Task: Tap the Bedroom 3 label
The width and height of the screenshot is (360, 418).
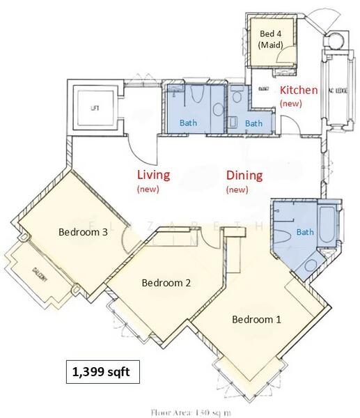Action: (x=82, y=233)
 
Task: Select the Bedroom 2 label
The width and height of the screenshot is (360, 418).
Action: (x=166, y=283)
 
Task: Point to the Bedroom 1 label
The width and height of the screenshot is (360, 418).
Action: (x=256, y=320)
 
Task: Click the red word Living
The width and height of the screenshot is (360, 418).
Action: (x=153, y=175)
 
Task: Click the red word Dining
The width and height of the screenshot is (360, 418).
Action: (x=244, y=176)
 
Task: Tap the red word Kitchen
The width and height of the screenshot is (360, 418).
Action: (x=299, y=91)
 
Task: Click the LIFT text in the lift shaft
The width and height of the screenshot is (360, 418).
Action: (x=95, y=109)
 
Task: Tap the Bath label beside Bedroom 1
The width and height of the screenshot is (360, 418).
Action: (x=305, y=232)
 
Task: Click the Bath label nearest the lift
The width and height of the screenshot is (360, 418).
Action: (x=188, y=123)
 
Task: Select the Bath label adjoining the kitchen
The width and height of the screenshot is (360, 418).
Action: (x=253, y=123)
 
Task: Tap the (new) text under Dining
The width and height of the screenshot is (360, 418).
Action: (x=237, y=189)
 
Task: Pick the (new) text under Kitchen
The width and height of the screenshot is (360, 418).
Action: (x=290, y=103)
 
